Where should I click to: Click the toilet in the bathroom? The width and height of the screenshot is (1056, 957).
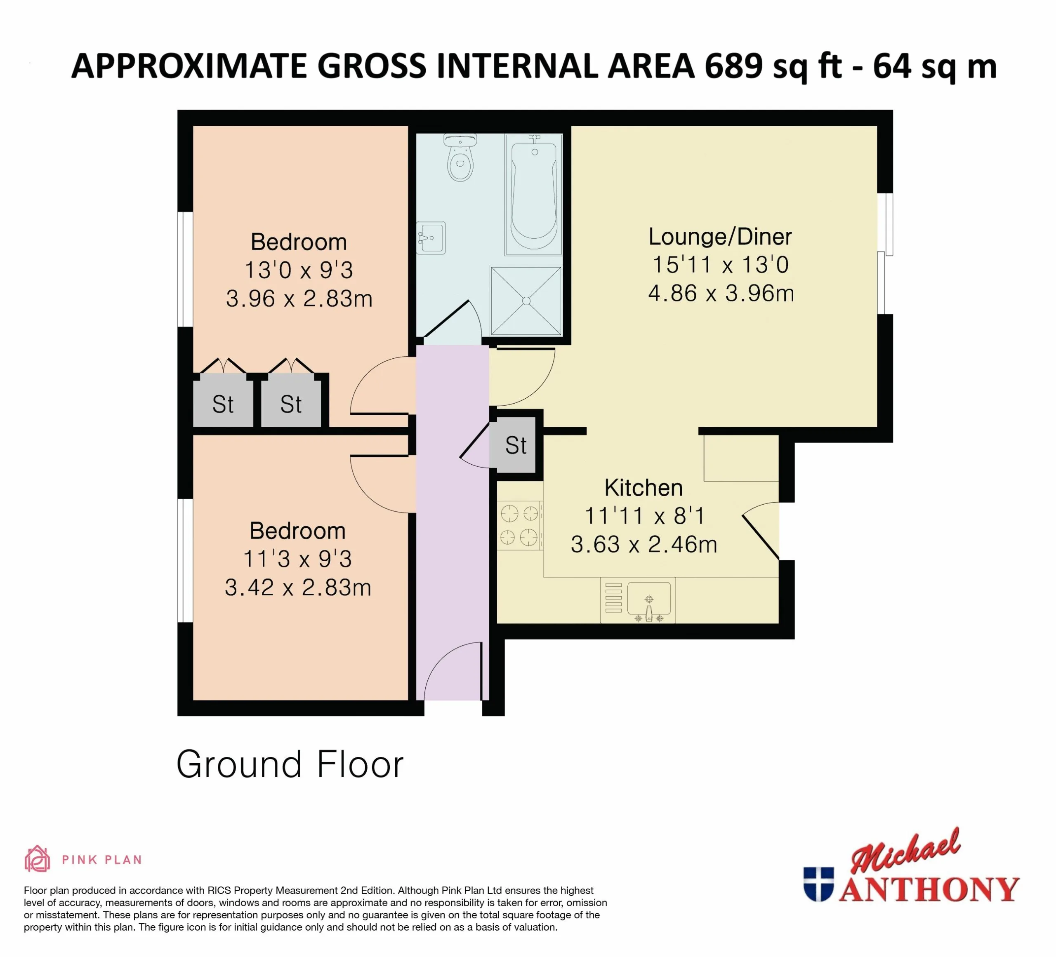click(460, 158)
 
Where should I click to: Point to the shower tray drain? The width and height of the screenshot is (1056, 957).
click(526, 301)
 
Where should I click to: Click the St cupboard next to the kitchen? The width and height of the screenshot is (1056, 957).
click(516, 445)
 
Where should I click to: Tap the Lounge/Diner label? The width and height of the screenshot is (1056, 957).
click(720, 237)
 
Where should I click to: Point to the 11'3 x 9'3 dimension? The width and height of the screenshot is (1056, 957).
click(297, 559)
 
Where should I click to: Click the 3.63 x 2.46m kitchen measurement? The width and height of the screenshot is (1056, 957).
click(644, 544)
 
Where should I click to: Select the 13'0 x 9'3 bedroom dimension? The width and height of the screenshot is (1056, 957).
click(299, 270)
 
